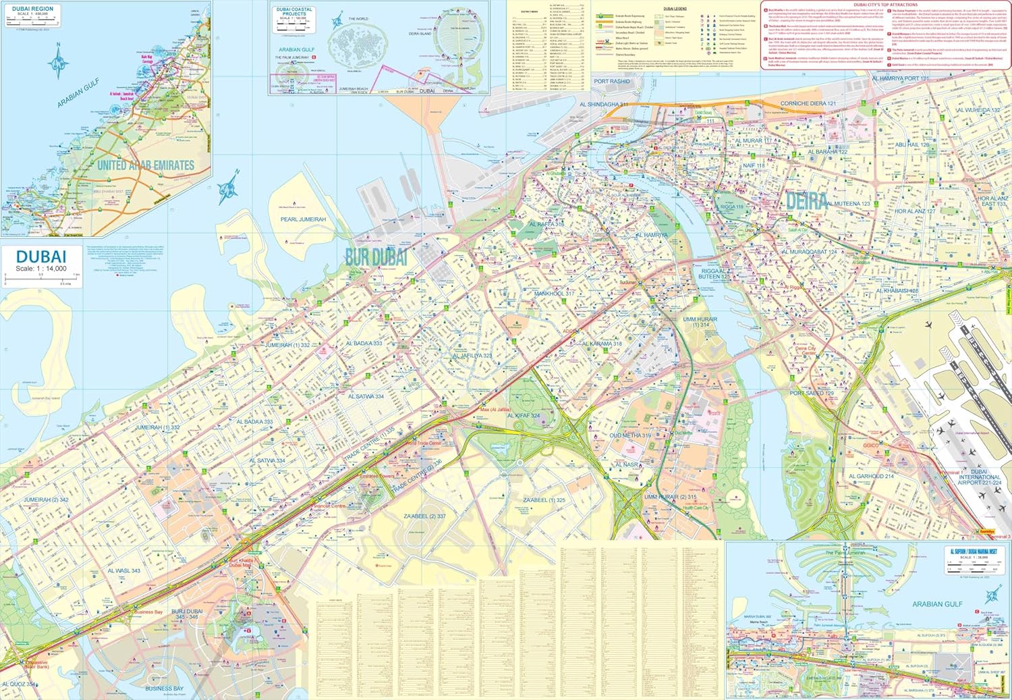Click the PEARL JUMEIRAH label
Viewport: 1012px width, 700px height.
pos(303,219)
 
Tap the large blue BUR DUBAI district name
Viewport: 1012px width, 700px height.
pos(376,257)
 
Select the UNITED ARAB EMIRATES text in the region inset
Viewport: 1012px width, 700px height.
pos(146,165)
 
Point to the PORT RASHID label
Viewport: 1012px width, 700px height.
pos(611,82)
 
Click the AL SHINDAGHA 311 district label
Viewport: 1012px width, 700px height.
pos(603,105)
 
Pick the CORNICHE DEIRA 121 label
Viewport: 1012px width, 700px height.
pos(808,103)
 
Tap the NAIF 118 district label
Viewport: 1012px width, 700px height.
pos(754,165)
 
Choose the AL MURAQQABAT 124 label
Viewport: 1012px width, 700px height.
pos(809,252)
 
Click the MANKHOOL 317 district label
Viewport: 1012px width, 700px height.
pos(554,294)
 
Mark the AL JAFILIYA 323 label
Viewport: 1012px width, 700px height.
pos(472,355)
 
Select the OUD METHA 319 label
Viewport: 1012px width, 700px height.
pos(630,435)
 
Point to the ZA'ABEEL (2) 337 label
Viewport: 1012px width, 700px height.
pos(424,516)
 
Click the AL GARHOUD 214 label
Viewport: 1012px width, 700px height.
pos(871,476)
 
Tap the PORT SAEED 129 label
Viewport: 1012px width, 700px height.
pos(812,393)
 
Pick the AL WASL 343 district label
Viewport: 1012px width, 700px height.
pos(124,570)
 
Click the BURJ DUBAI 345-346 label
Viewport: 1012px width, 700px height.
pos(187,614)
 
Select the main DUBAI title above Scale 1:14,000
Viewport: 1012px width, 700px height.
pos(40,257)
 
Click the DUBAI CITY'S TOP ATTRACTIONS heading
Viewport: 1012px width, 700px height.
pos(885,5)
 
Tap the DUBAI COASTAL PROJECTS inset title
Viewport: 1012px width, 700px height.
pos(294,11)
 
